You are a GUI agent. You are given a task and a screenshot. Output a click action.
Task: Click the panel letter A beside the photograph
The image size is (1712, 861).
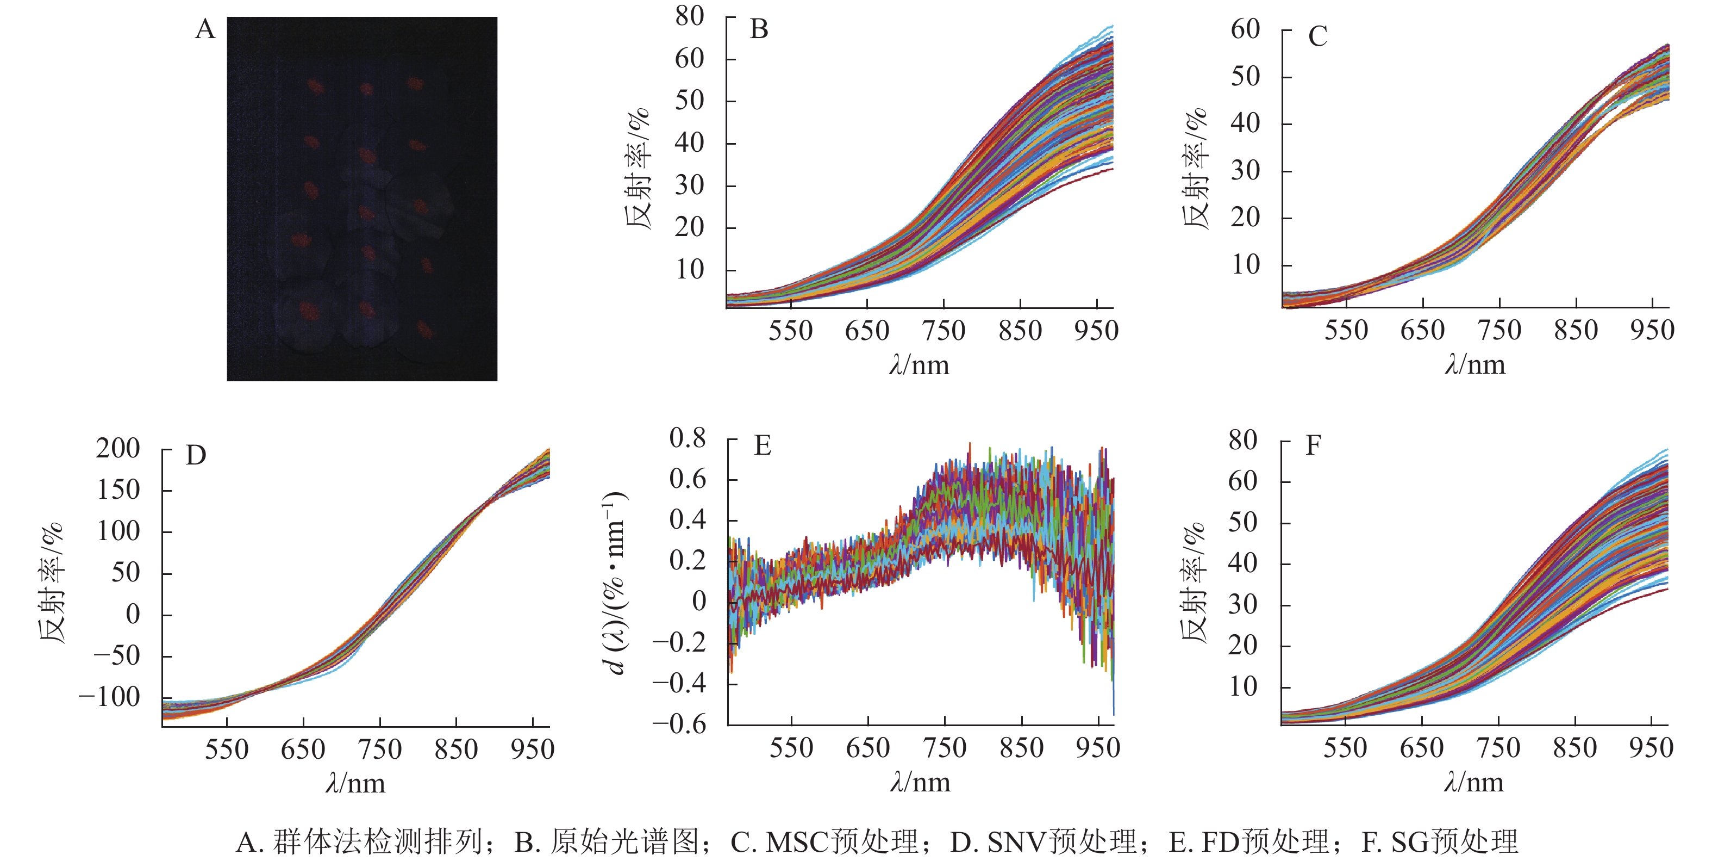[x=205, y=30]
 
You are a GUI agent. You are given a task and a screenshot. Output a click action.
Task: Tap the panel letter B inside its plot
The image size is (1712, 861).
[x=759, y=30]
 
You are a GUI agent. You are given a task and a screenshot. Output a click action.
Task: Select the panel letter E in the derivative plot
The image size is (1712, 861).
[x=763, y=445]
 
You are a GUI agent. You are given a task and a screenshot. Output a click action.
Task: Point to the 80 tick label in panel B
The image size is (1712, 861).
[x=689, y=17]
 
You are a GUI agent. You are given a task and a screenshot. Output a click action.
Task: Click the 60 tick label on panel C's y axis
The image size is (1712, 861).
[x=1245, y=30]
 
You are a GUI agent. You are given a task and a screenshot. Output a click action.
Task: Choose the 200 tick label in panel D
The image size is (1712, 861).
[x=117, y=449]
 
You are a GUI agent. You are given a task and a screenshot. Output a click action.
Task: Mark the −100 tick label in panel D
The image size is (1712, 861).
[x=109, y=697]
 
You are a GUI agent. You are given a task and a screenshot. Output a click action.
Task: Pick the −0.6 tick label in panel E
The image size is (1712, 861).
[x=679, y=724]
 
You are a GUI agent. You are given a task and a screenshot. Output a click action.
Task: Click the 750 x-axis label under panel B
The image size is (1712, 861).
[x=944, y=331]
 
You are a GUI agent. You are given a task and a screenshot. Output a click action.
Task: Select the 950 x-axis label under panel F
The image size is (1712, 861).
[x=1651, y=748]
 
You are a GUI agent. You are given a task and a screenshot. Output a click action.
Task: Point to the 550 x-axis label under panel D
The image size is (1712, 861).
[x=227, y=749]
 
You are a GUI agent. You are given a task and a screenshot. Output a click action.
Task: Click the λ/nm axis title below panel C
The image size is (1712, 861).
[x=1474, y=365]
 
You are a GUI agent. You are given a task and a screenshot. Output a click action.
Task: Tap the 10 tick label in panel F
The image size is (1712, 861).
[x=1243, y=687]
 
